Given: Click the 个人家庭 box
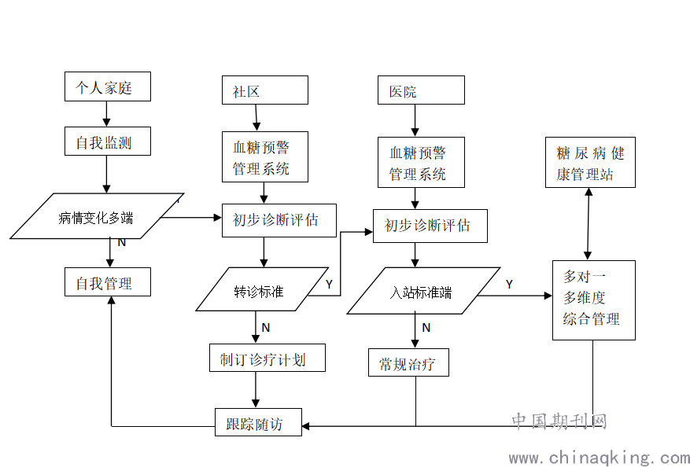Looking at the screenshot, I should [x=107, y=87].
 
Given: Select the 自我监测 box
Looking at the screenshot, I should [x=107, y=142].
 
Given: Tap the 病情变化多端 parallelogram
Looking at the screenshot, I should [x=97, y=217].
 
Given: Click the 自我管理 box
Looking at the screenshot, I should [x=107, y=283].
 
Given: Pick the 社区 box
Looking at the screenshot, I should [x=264, y=90].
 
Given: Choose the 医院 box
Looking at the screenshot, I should [x=421, y=90].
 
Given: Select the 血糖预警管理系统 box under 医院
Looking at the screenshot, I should [x=417, y=163].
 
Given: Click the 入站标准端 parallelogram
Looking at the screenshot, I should [x=423, y=292].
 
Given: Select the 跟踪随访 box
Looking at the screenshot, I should [x=258, y=424].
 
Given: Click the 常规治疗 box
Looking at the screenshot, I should [x=408, y=363].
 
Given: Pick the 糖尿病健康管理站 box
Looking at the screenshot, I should [x=590, y=164].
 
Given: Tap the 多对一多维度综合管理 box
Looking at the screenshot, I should [x=593, y=300].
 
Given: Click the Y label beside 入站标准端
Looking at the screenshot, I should [x=510, y=285].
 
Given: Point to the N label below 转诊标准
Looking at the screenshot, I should [x=266, y=327].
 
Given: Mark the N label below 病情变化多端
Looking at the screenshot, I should [x=122, y=243].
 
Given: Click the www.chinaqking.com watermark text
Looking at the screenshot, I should [x=599, y=457].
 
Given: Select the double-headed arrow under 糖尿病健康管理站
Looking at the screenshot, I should [x=589, y=223].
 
